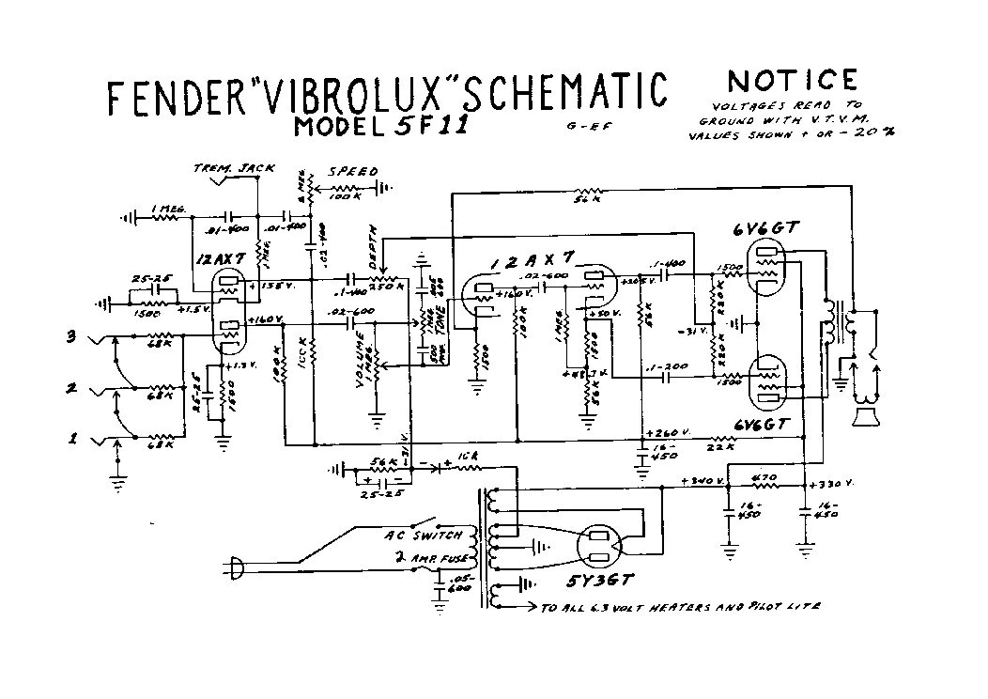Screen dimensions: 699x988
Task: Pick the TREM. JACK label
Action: (234, 168)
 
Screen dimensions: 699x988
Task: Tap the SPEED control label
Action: (352, 172)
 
